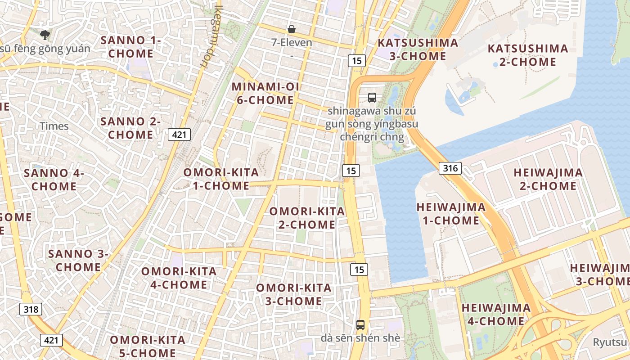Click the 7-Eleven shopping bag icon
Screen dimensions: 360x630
coord(292,30)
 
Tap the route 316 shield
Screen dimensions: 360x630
coord(450,168)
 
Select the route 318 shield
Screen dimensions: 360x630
coord(31,309)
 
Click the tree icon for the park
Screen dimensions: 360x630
coord(45,35)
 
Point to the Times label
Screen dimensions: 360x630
coord(54,126)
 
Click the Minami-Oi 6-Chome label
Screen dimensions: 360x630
coord(265,94)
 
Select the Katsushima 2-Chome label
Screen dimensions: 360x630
coord(528,55)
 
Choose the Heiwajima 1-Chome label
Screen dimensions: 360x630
coord(451,214)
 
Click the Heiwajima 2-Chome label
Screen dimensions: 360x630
coord(548,179)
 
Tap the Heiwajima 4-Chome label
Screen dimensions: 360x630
coord(495,315)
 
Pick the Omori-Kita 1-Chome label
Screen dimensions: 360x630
coord(221,179)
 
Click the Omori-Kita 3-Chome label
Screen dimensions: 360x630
coord(293,294)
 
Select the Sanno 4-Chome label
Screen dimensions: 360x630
coord(54,180)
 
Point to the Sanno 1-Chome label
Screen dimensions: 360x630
coord(131,47)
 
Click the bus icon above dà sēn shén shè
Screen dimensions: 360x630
coord(360,324)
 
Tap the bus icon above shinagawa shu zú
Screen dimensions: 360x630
coord(372,97)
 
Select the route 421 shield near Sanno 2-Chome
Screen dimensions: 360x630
coord(180,134)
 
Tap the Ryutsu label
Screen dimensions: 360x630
coord(610,342)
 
